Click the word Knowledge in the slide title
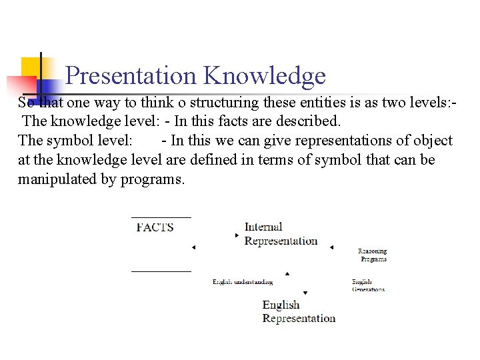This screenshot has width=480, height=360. coord(265,77)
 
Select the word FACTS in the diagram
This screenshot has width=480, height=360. coord(155,227)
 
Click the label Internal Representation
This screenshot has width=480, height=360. coord(281,234)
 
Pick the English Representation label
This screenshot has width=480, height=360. coord(299,311)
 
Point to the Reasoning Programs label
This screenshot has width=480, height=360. coord(373,255)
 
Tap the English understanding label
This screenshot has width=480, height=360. coord(243,282)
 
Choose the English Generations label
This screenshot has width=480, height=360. coord(368,285)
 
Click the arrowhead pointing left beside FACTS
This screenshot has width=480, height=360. coord(193,248)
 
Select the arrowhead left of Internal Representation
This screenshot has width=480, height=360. coord(237,235)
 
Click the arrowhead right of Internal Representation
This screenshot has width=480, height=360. coord(331,248)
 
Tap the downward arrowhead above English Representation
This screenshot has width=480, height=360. coord(305,293)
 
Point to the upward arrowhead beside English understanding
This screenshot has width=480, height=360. coord(287,273)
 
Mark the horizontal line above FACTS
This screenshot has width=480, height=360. coord(161,217)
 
